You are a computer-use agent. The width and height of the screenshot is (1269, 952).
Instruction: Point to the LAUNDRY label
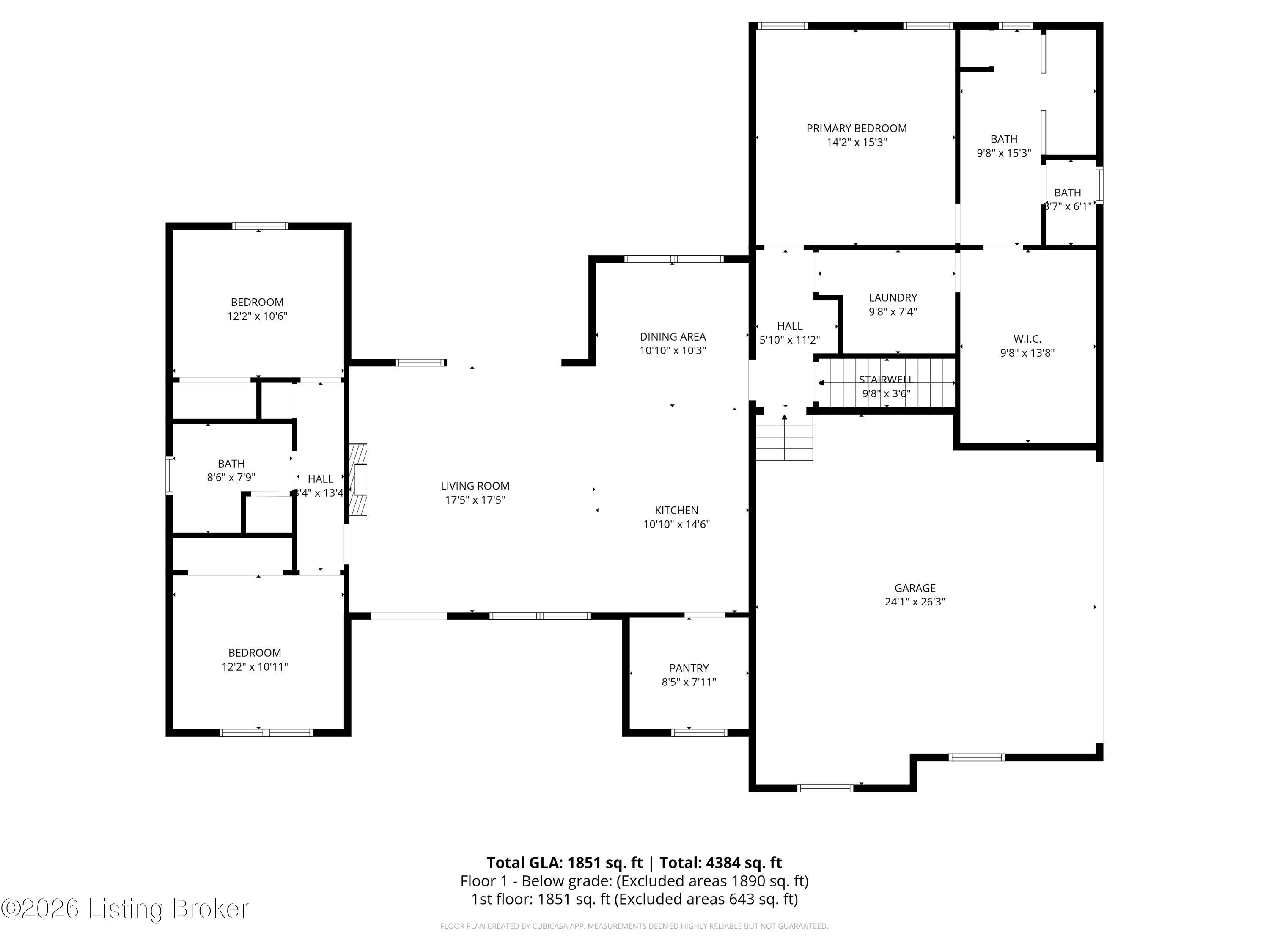[x=893, y=297]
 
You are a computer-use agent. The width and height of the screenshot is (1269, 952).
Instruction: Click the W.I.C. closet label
[x=1027, y=339]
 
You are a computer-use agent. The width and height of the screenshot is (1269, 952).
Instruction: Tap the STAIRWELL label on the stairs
[x=886, y=379]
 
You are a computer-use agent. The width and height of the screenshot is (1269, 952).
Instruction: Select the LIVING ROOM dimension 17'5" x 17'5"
[x=475, y=500]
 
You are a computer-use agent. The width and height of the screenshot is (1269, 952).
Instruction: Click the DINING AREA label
[x=673, y=337]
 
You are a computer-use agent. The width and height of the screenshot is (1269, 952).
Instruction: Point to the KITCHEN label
[x=676, y=510]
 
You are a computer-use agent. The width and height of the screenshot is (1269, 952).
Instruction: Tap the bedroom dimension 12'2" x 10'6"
[x=257, y=316]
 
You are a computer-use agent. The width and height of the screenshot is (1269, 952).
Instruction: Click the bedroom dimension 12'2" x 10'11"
[x=255, y=667]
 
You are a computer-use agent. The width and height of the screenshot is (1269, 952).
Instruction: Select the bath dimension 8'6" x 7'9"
[x=231, y=477]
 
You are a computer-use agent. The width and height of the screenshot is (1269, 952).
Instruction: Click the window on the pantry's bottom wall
[x=699, y=733]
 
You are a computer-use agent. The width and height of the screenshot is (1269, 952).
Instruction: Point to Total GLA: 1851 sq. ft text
[x=565, y=863]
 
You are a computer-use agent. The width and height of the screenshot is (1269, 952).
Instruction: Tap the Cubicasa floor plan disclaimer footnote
[x=634, y=926]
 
